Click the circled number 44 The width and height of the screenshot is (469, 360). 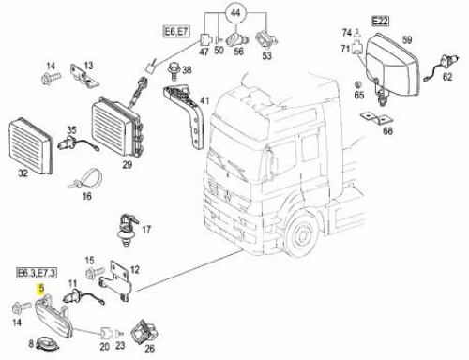tap(235, 12)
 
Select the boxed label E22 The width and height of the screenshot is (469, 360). tap(380, 21)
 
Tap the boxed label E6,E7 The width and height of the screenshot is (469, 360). tap(177, 32)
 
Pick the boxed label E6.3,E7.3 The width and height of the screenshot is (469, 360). tap(37, 273)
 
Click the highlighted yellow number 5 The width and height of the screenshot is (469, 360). tap(41, 289)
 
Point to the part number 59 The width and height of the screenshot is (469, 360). tap(407, 40)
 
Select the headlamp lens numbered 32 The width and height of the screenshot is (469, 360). tap(31, 145)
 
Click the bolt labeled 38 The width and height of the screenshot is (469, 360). tap(174, 71)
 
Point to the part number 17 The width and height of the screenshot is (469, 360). tap(146, 230)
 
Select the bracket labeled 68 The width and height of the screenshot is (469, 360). tap(377, 118)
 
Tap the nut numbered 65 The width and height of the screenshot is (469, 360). tap(358, 84)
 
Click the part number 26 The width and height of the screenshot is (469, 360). tap(150, 349)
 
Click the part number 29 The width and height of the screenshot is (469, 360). tap(127, 165)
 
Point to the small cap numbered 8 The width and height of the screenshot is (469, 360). tap(48, 344)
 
